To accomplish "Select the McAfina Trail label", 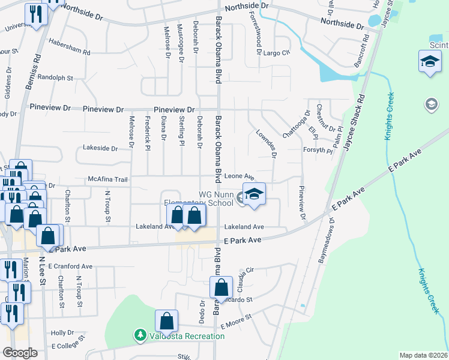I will point(108,179).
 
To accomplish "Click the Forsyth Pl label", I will point(318,151).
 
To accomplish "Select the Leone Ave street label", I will point(240,177).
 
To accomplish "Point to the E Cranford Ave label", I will point(71,266).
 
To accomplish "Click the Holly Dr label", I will point(62,332).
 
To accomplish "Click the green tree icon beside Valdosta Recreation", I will point(139,334).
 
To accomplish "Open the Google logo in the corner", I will point(20,353).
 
